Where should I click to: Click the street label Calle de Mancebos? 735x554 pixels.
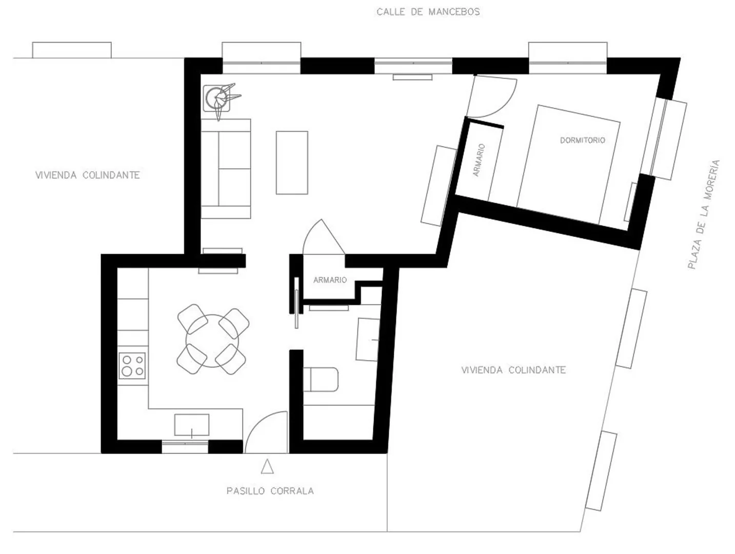click(428, 12)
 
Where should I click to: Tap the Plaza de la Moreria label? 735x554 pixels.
click(704, 214)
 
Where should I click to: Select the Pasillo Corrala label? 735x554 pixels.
click(270, 491)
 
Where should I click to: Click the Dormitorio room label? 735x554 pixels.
click(583, 140)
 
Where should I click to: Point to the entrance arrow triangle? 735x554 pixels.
click(267, 467)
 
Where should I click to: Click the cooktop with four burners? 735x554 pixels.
click(132, 366)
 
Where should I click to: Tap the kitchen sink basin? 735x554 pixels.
click(191, 425)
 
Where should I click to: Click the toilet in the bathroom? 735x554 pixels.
click(321, 380)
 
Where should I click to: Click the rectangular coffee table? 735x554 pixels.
click(292, 163)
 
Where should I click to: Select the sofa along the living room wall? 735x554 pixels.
click(226, 169)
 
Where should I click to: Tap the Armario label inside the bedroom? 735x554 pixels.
click(479, 160)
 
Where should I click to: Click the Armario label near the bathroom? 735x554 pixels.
click(330, 280)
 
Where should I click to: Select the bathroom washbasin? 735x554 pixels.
click(368, 340)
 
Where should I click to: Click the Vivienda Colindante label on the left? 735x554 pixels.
click(87, 175)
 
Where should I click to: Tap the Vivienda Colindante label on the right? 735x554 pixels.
click(513, 370)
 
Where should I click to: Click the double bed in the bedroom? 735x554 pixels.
click(568, 165)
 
